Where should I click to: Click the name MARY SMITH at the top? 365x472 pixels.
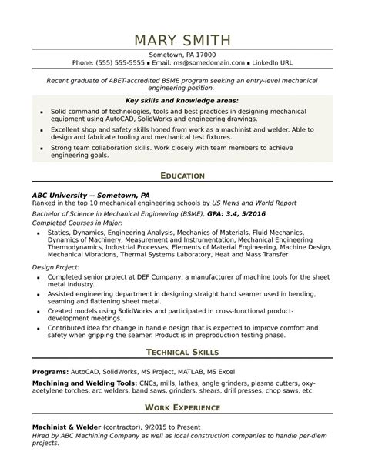coord(182,39)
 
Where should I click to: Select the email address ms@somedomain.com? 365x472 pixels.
coord(210,63)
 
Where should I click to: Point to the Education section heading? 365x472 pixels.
coord(182,176)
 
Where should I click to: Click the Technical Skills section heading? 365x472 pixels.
coord(182,352)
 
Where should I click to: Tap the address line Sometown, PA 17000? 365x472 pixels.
coord(182,55)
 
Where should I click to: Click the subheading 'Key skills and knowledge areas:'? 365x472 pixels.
coord(182,100)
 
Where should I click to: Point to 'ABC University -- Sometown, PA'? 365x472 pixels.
coord(87,196)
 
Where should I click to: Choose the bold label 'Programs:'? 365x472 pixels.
coord(50,371)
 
